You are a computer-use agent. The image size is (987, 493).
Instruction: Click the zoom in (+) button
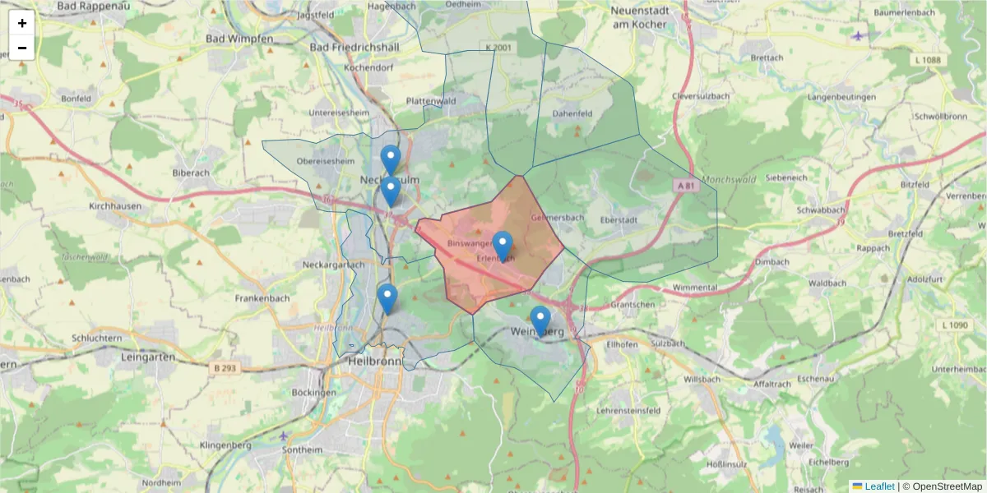(22, 23)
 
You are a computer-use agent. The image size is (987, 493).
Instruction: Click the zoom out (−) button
(22, 48)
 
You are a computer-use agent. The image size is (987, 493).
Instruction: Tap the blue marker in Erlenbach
(503, 246)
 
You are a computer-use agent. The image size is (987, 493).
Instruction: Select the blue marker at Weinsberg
(540, 320)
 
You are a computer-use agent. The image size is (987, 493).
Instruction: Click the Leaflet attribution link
(879, 486)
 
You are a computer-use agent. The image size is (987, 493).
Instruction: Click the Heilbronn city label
(375, 361)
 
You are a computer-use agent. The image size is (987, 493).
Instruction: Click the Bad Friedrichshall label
(354, 48)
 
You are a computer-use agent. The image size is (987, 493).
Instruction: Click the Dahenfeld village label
(572, 113)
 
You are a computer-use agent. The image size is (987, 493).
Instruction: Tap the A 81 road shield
(685, 186)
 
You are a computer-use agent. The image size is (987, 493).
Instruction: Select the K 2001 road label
(498, 48)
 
